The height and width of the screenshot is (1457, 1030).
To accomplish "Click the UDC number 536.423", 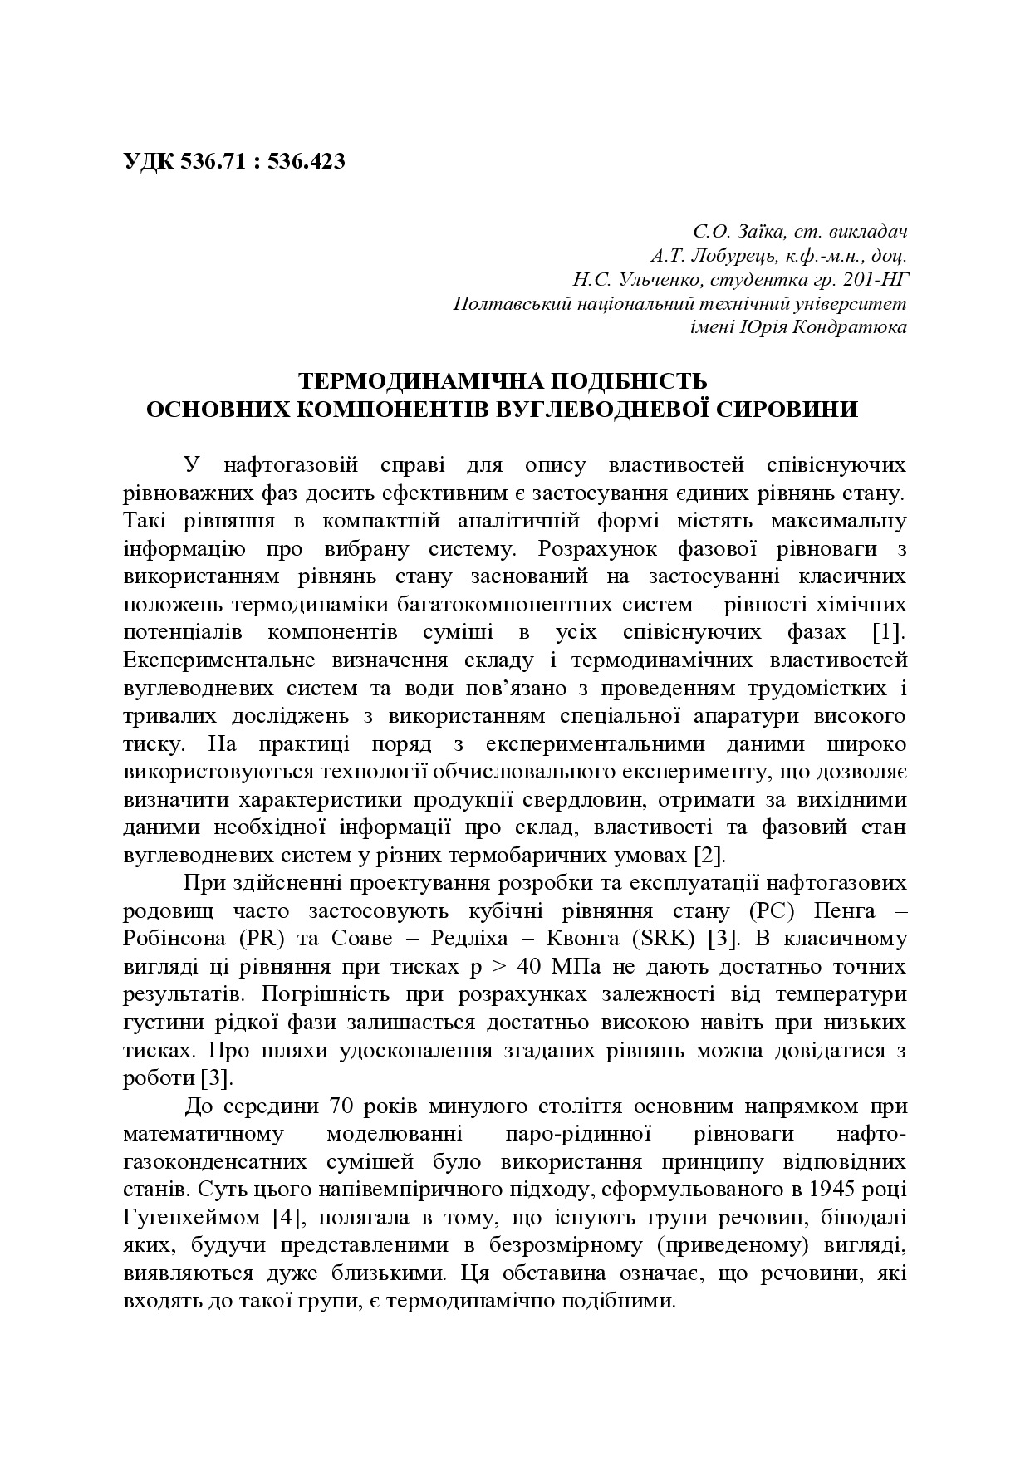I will click(307, 161).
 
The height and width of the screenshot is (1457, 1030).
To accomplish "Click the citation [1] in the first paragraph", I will click(887, 632).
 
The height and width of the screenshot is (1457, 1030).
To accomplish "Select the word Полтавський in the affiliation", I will click(506, 303).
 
